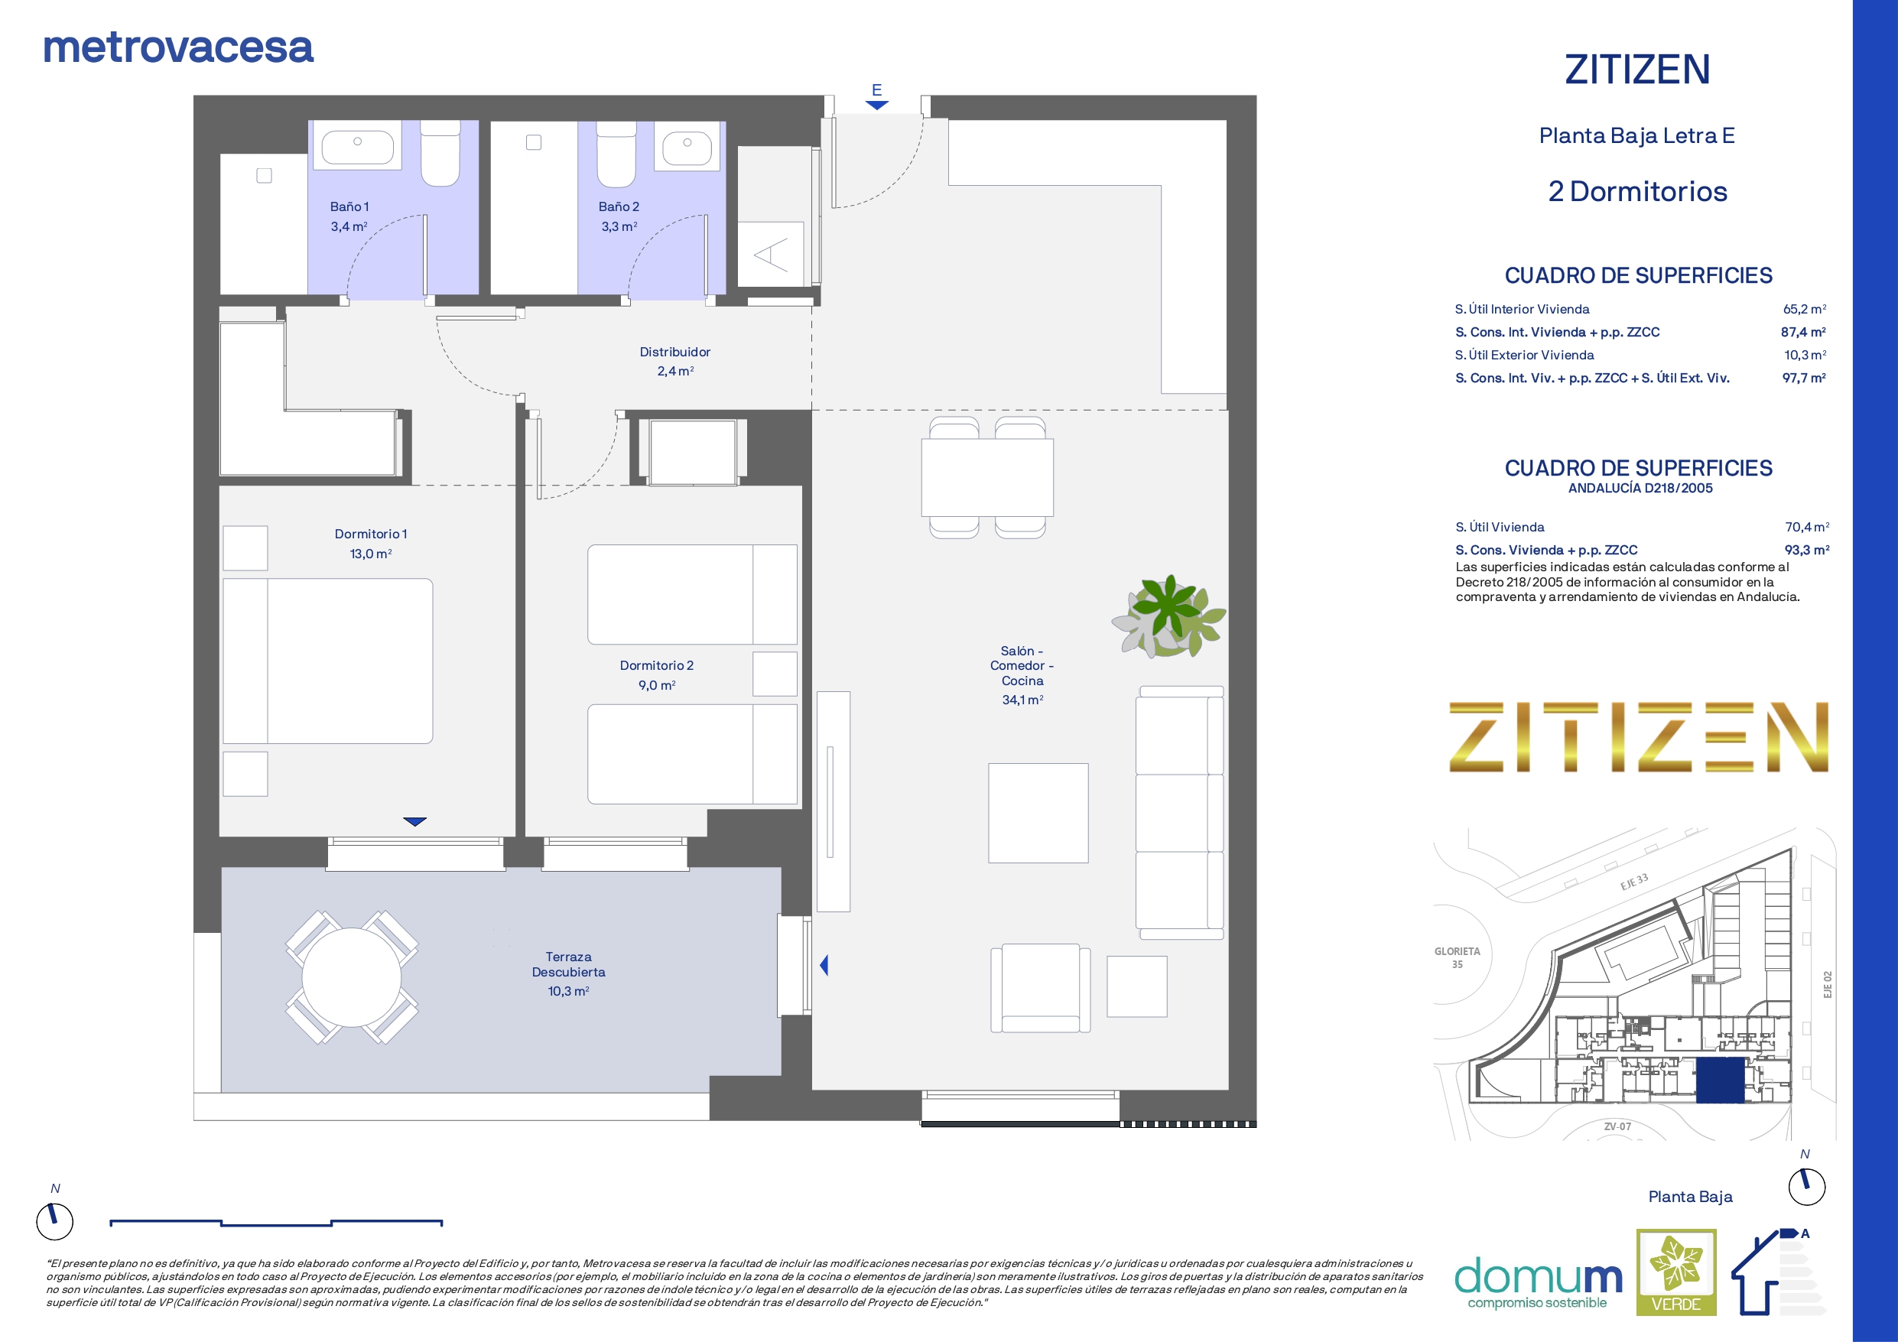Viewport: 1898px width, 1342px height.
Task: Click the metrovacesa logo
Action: pos(177,47)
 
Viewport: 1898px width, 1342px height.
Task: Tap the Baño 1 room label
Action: pos(349,206)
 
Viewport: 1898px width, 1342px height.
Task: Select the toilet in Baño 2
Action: pos(616,154)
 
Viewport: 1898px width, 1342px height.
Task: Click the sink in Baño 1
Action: pos(357,144)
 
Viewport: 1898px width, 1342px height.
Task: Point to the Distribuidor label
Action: pos(674,353)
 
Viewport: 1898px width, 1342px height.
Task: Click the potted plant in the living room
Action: pos(1168,616)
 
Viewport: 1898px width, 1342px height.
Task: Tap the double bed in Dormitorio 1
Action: pos(327,661)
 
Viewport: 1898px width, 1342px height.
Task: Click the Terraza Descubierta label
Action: pos(568,964)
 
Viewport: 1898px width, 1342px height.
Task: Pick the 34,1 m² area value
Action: pos(1022,700)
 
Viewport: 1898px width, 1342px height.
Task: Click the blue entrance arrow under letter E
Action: pos(877,105)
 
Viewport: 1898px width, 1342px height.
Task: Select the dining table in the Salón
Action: pos(987,478)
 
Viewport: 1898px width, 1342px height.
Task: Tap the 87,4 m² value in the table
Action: pos(1803,332)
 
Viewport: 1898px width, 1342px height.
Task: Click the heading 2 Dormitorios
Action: pos(1637,191)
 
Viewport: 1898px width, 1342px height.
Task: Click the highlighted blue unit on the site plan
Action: pos(1720,1080)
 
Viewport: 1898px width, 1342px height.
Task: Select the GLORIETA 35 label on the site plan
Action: pos(1458,957)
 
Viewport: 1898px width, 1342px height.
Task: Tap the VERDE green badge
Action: pos(1676,1272)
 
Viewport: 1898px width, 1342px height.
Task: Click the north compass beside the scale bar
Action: pos(54,1220)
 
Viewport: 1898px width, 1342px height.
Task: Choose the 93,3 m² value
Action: pos(1806,550)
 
